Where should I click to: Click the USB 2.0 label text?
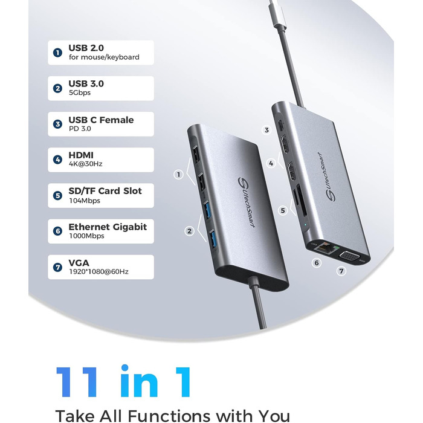pyautogui.click(x=86, y=48)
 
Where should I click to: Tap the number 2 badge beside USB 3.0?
pyautogui.click(x=57, y=88)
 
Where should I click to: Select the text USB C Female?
pyautogui.click(x=101, y=120)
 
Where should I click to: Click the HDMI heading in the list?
pyautogui.click(x=81, y=155)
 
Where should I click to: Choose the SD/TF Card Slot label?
pyautogui.click(x=105, y=191)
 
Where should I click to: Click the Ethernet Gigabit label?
pyautogui.click(x=108, y=227)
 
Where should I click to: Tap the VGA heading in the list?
pyautogui.click(x=80, y=262)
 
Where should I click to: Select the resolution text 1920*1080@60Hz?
pyautogui.click(x=98, y=272)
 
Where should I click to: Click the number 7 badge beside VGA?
pyautogui.click(x=57, y=267)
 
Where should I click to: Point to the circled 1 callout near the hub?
pyautogui.click(x=178, y=175)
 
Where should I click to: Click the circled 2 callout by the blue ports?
pyautogui.click(x=189, y=230)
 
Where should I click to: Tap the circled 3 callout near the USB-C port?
pyautogui.click(x=266, y=130)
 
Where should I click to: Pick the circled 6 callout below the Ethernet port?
pyautogui.click(x=316, y=263)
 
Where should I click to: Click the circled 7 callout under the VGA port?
pyautogui.click(x=341, y=271)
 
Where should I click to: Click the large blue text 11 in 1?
pyautogui.click(x=124, y=382)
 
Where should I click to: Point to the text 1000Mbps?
pyautogui.click(x=86, y=236)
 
